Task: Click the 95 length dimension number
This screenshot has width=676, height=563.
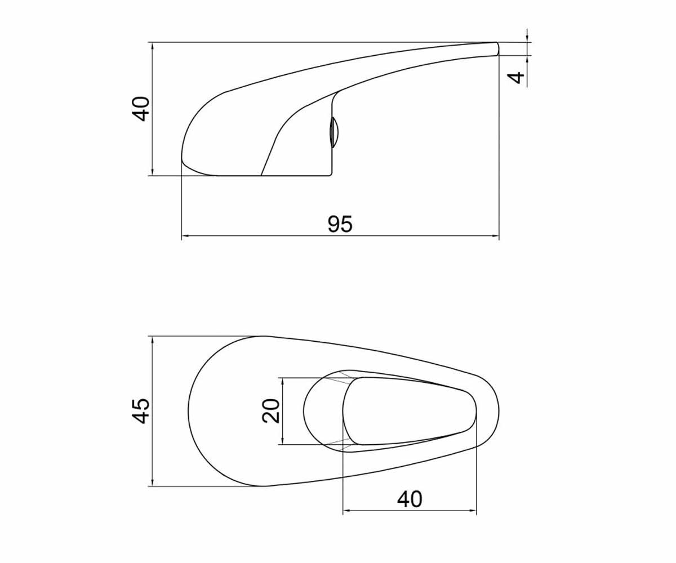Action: [340, 224]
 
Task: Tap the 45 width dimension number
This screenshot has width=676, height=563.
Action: [141, 411]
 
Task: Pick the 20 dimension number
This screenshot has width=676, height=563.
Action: [270, 411]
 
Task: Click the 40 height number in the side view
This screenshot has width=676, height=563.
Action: [141, 109]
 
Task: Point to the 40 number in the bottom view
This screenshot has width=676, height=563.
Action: [410, 499]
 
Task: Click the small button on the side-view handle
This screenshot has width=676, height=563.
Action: [333, 132]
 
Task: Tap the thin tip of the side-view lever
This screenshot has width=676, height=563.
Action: [497, 49]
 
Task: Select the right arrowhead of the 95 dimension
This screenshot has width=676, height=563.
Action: [495, 236]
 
